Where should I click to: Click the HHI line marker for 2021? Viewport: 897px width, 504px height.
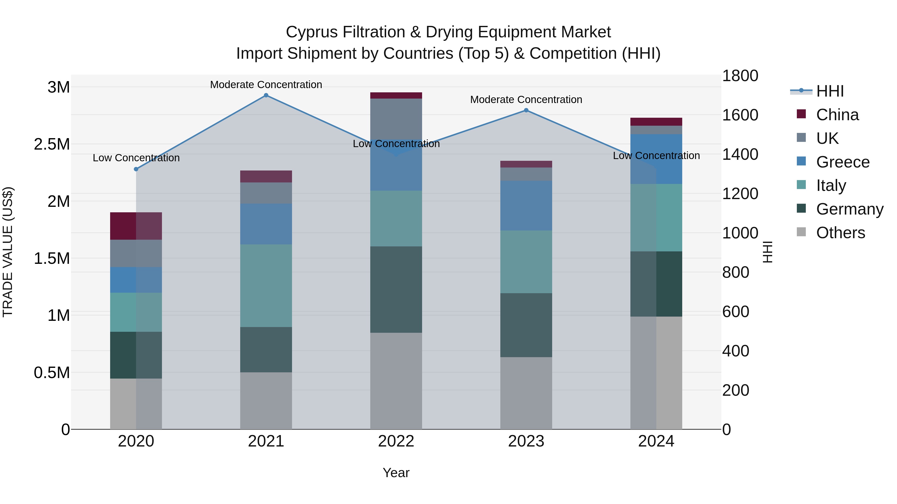click(266, 95)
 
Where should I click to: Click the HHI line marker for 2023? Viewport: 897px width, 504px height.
click(526, 110)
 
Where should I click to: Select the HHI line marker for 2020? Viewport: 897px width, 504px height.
click(136, 169)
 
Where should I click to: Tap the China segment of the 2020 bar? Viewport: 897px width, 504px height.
click(136, 226)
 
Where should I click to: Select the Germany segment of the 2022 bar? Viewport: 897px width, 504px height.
click(396, 289)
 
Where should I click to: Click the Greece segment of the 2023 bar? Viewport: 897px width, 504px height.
click(526, 205)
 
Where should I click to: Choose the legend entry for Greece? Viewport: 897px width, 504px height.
click(842, 162)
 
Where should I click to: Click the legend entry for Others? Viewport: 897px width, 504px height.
click(840, 233)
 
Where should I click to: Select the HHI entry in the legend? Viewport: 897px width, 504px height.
click(829, 91)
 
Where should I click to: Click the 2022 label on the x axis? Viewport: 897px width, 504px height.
click(396, 441)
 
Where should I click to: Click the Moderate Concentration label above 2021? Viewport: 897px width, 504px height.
click(266, 85)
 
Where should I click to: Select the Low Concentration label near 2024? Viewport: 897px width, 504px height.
click(656, 156)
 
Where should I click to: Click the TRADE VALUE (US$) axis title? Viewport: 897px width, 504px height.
click(8, 252)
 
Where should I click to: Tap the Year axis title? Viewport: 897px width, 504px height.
click(396, 473)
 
